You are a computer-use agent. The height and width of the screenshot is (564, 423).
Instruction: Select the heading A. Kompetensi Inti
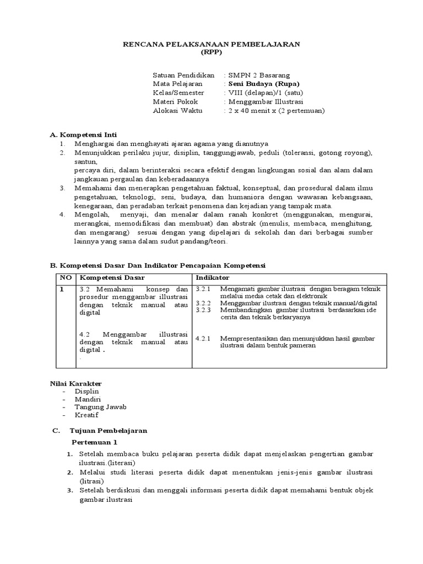click(x=83, y=134)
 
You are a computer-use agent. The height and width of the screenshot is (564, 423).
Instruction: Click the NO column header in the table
click(x=66, y=278)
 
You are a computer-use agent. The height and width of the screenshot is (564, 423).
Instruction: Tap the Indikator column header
click(x=213, y=278)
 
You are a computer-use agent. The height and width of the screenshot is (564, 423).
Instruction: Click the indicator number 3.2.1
click(x=204, y=289)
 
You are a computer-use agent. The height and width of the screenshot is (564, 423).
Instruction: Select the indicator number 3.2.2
click(x=204, y=303)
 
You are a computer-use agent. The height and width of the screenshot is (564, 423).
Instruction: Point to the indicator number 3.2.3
click(x=204, y=310)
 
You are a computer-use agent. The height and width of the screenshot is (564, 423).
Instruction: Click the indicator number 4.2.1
click(x=204, y=338)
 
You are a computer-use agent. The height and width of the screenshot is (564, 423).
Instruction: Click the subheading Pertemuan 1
click(x=95, y=442)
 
